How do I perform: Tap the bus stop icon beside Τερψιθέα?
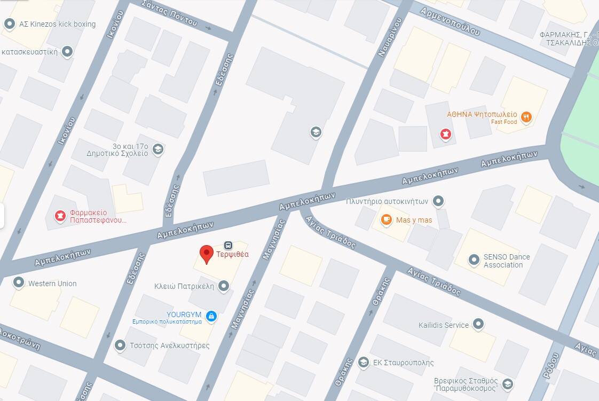[228, 245]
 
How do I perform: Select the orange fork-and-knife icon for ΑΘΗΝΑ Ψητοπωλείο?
[526, 117]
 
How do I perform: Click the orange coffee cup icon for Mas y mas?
[386, 219]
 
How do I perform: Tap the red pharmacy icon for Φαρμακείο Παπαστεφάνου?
[61, 216]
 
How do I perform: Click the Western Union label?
[52, 284]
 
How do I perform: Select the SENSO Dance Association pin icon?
[474, 261]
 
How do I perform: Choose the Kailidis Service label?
[444, 325]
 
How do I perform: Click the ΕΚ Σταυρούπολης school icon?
[364, 363]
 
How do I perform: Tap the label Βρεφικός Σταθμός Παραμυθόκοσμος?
[466, 384]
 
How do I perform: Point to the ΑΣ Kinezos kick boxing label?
[57, 24]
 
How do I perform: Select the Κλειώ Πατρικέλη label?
[184, 286]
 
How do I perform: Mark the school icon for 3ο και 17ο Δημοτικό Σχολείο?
[157, 149]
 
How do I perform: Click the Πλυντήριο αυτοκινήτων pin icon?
[438, 201]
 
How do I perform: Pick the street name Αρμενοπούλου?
[450, 21]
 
